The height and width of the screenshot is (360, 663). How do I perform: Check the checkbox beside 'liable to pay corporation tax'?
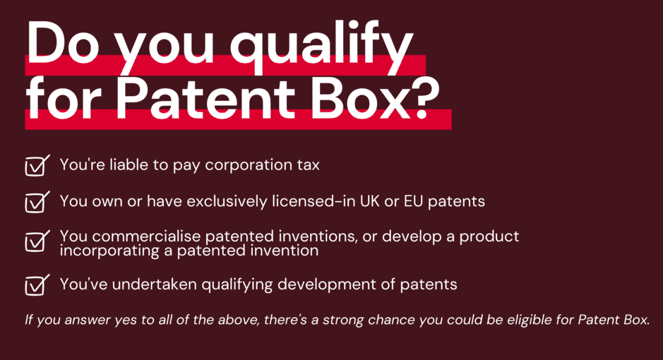37,166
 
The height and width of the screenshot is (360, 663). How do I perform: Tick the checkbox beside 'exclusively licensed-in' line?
37,202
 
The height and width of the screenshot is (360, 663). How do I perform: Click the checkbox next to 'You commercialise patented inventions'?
37,241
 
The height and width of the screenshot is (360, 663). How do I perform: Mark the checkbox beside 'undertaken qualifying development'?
37,284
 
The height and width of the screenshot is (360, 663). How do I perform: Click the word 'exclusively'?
227,202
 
